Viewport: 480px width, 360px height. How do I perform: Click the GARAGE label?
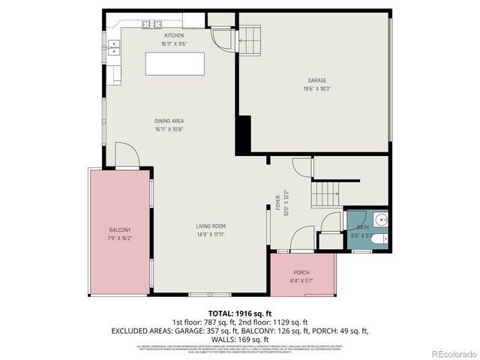tap(316, 80)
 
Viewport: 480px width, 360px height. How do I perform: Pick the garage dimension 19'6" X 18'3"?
tap(316, 88)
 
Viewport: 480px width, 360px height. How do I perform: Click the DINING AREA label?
tap(169, 121)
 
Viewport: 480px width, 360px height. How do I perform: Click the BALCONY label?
tap(120, 229)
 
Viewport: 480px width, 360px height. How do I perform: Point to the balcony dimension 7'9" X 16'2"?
tap(120, 238)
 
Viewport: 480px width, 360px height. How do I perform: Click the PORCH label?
tap(301, 272)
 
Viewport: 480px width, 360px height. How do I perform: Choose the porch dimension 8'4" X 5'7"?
tap(301, 280)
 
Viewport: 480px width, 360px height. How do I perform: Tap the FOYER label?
tap(277, 202)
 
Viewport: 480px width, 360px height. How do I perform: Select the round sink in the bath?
tap(380, 220)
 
